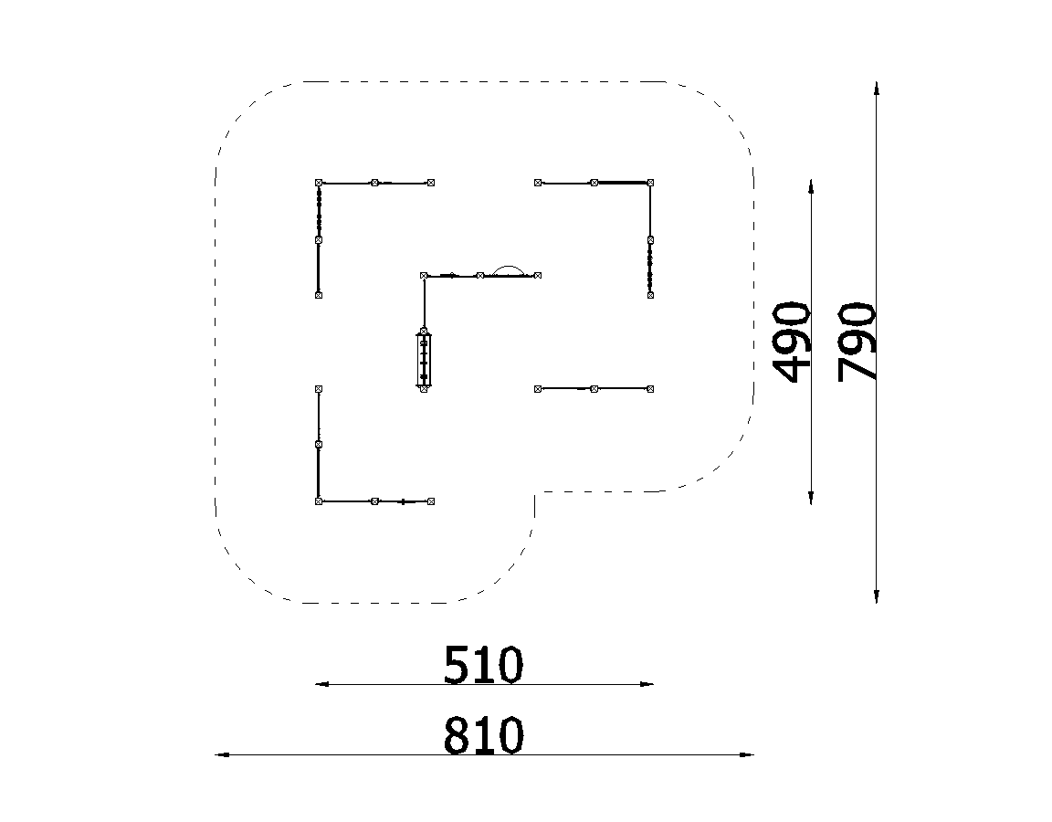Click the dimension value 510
[483, 665]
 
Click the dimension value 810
[483, 735]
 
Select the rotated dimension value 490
[792, 342]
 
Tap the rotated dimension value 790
[857, 342]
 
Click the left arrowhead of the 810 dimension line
[222, 755]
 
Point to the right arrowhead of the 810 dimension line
[747, 755]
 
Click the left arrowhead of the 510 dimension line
[322, 684]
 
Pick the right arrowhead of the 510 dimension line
[647, 684]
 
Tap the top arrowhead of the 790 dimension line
[877, 90]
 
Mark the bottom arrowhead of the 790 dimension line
[877, 595]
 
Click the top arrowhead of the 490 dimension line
[811, 187]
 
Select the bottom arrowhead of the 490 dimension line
[811, 497]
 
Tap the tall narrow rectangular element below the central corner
[424, 360]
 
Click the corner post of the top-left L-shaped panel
[319, 183]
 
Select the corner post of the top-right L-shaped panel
[650, 183]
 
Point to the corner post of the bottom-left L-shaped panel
[319, 501]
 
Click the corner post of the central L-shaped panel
[424, 275]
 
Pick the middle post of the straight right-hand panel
[594, 388]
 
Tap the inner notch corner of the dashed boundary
[535, 492]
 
